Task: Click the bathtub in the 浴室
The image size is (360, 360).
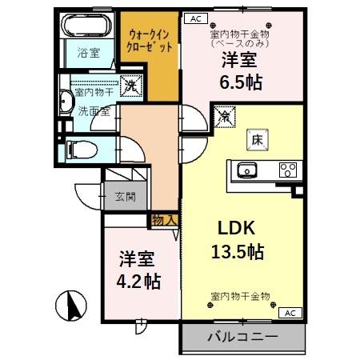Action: [86, 25]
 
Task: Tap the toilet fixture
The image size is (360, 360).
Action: [82, 150]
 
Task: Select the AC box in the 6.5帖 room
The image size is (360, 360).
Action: [196, 18]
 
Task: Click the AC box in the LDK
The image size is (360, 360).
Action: [290, 313]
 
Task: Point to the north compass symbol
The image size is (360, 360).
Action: [71, 306]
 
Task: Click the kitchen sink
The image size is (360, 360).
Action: [247, 170]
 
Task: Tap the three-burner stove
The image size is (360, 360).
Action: [288, 170]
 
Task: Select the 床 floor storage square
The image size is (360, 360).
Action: [258, 140]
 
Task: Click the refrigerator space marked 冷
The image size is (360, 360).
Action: [225, 117]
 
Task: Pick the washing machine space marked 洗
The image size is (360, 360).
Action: [131, 86]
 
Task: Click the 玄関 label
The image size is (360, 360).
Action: [126, 197]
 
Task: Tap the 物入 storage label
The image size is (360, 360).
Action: [164, 221]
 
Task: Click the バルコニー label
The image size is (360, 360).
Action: [242, 337]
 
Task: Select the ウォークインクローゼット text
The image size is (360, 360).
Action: [150, 41]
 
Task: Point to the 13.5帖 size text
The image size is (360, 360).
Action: [238, 252]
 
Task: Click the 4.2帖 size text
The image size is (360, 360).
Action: [138, 281]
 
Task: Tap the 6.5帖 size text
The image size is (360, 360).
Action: [241, 82]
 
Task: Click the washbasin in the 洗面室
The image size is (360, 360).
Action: [66, 102]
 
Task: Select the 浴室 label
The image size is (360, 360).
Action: [89, 53]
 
